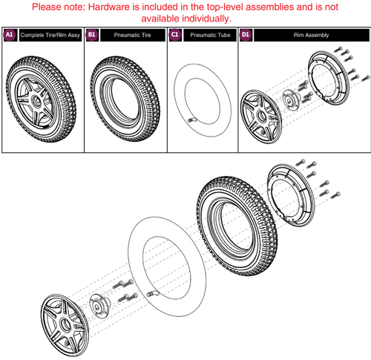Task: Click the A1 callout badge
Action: coord(10,34)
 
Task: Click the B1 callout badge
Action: coord(93,34)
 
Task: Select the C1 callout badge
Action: coord(175,34)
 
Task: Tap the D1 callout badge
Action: coord(246,34)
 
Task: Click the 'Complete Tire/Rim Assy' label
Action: coord(49,34)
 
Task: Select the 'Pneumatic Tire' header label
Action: coord(130,34)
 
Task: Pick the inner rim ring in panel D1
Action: coord(326,82)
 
